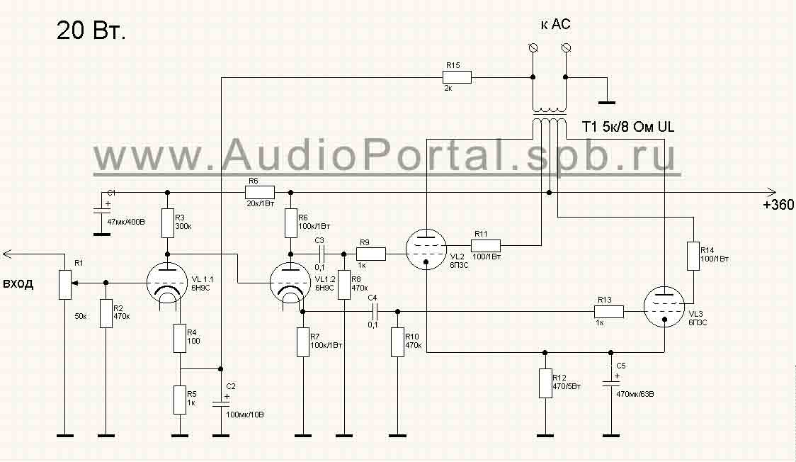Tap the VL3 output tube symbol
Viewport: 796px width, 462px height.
tap(665, 310)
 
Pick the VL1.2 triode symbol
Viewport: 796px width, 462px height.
tap(291, 283)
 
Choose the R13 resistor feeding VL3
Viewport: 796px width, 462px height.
tap(609, 311)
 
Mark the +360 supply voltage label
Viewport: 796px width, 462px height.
tap(778, 205)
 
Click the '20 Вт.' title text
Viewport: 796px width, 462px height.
tap(91, 30)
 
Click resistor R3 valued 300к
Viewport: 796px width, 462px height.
tap(168, 222)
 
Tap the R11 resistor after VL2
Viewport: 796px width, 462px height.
tap(487, 246)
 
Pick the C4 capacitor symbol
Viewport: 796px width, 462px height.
tap(375, 311)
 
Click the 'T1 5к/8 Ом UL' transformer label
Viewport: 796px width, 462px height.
tap(628, 128)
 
